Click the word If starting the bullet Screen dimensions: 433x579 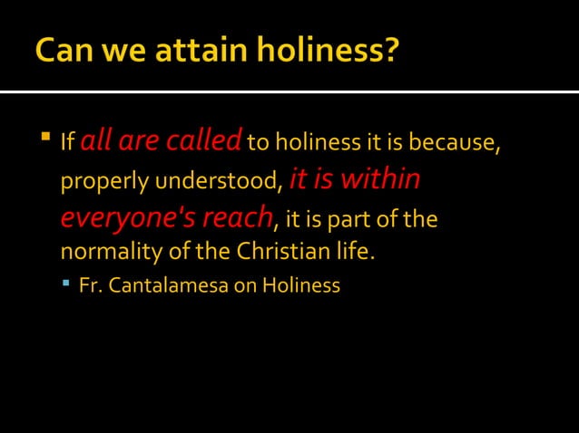[x=66, y=143]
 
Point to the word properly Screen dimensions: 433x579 [x=104, y=182]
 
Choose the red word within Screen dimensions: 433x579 [x=376, y=179]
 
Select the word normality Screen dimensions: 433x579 [x=104, y=251]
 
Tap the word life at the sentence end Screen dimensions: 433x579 [x=355, y=251]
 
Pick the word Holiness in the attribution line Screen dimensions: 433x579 [x=301, y=286]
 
